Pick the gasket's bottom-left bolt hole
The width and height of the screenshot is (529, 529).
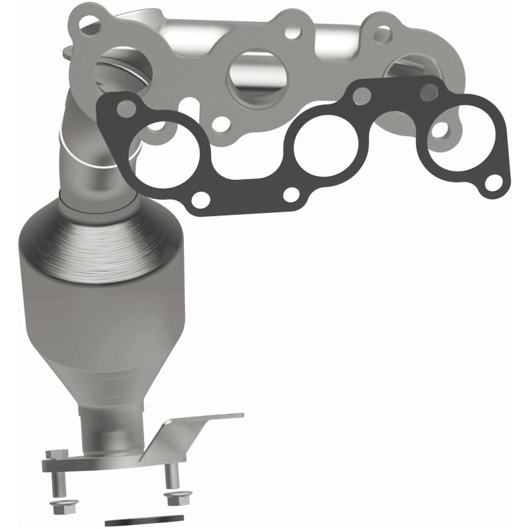(203, 199)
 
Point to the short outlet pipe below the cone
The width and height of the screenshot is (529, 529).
(99, 423)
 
